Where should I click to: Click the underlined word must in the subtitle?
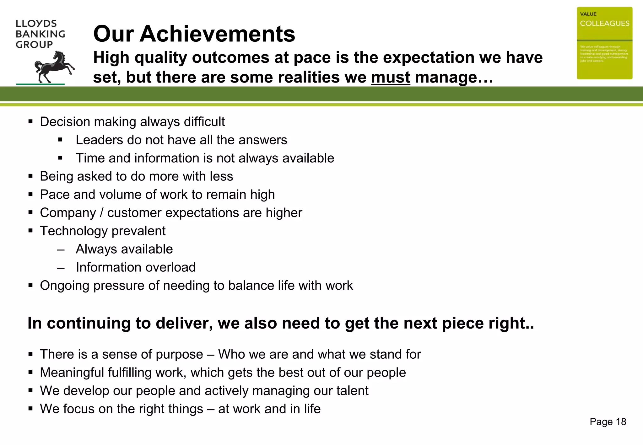(x=390, y=77)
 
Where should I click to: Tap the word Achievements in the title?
(x=217, y=34)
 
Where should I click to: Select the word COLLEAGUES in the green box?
(x=604, y=24)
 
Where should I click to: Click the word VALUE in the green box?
(x=588, y=14)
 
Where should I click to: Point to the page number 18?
(x=621, y=422)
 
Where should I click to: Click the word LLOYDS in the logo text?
(x=36, y=24)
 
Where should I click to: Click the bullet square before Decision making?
(x=30, y=122)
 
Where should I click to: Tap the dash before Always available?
(x=61, y=250)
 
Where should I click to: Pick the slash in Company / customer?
(x=101, y=213)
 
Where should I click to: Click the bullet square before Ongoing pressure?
(x=30, y=286)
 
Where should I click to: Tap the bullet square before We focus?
(x=30, y=409)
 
